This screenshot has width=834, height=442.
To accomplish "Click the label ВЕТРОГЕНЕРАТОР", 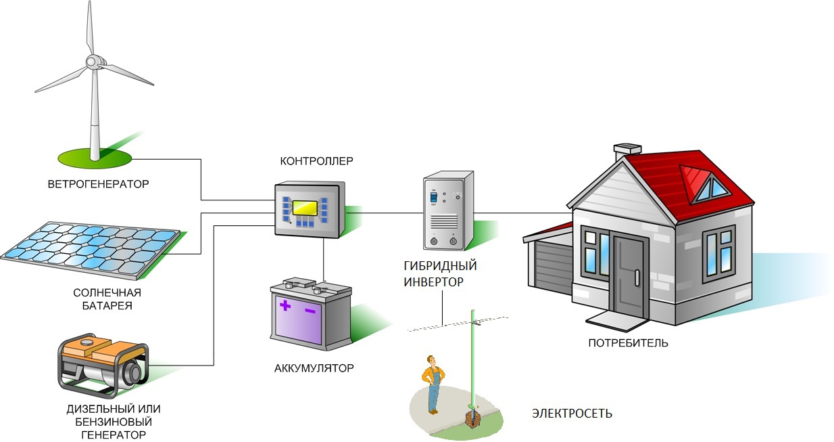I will (98, 184).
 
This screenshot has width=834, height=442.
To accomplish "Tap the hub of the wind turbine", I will (92, 62).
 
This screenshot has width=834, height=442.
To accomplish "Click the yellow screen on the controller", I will (305, 208).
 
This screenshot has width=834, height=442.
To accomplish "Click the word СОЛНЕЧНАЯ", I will (107, 292).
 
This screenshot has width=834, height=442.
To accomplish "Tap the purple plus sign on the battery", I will (285, 306).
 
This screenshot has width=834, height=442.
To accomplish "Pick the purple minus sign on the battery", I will (311, 310).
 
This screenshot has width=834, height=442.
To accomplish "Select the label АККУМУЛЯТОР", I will (314, 369).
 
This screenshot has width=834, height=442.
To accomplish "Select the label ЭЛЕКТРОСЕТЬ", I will (572, 413).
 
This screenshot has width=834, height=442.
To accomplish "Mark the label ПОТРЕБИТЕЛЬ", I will (628, 343).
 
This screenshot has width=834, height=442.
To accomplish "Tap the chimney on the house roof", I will (627, 151).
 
